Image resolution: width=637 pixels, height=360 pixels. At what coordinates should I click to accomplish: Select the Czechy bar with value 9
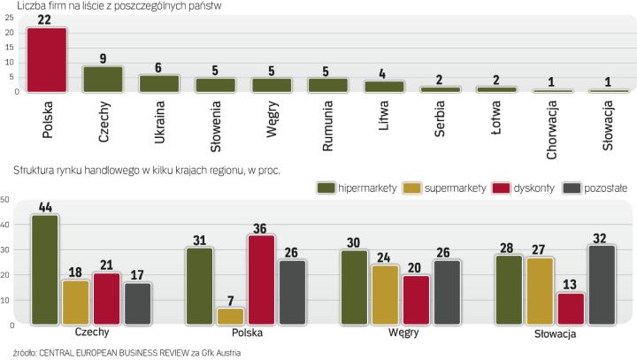point(104,79)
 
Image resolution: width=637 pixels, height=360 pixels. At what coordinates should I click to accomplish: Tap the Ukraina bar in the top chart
point(160,83)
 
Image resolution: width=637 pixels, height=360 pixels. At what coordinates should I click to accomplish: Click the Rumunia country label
point(328,124)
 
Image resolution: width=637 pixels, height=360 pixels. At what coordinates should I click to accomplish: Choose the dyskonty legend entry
point(514,187)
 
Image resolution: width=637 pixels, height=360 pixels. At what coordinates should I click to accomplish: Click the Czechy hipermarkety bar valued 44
point(44,271)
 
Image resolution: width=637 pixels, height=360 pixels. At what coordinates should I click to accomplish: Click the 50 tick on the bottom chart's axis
point(6,200)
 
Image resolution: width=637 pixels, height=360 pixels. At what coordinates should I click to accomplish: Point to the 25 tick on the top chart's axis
point(8,18)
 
